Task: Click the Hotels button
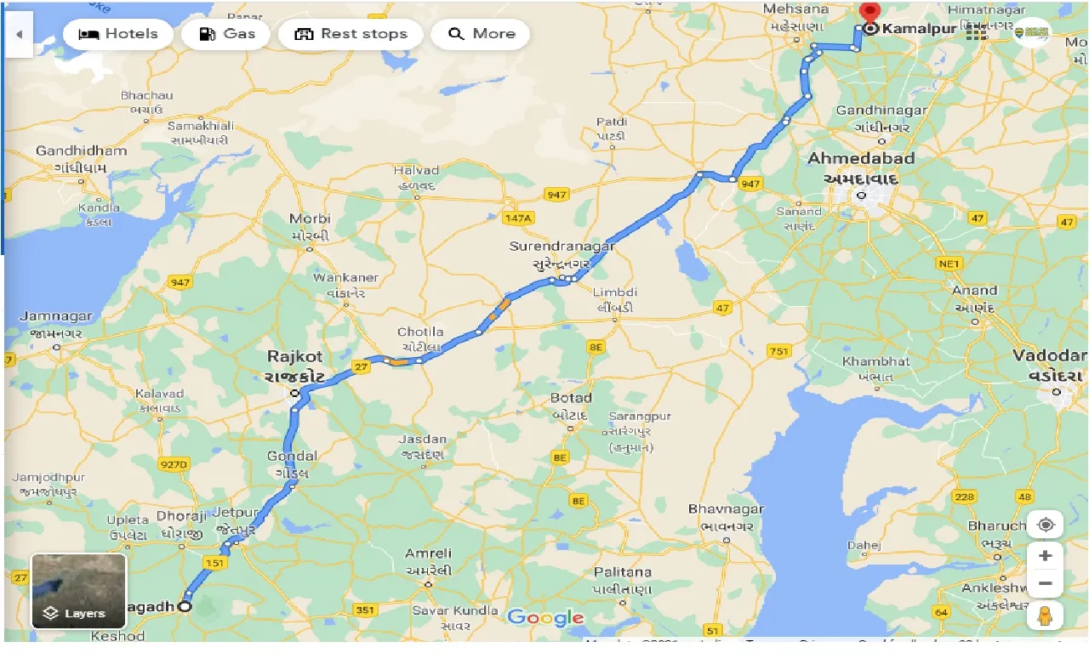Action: (x=118, y=34)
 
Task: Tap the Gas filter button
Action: (x=226, y=34)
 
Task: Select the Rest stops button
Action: (x=351, y=34)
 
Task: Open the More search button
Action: (x=481, y=34)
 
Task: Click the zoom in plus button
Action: (x=1046, y=555)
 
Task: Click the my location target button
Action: (x=1046, y=524)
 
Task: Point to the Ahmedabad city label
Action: (x=861, y=159)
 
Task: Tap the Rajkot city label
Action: (x=294, y=357)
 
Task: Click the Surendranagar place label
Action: (x=562, y=247)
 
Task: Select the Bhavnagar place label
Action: (x=726, y=509)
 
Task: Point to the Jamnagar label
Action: (x=55, y=317)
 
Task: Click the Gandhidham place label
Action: (x=81, y=151)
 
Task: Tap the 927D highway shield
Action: (x=174, y=464)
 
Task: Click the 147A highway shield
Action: (x=517, y=219)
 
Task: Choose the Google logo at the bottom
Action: (x=545, y=618)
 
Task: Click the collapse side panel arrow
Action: (x=19, y=35)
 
